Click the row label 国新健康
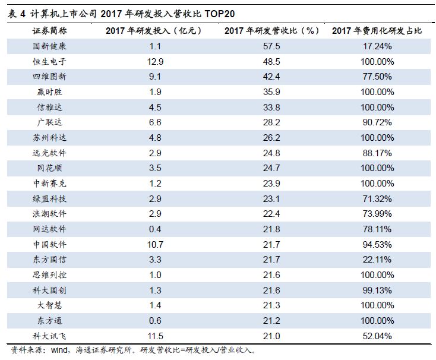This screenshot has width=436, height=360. click(x=50, y=46)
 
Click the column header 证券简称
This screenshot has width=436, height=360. click(x=50, y=30)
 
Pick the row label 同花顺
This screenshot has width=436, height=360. click(x=50, y=168)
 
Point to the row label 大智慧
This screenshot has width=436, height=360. click(x=50, y=305)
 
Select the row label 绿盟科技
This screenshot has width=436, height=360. click(x=50, y=198)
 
